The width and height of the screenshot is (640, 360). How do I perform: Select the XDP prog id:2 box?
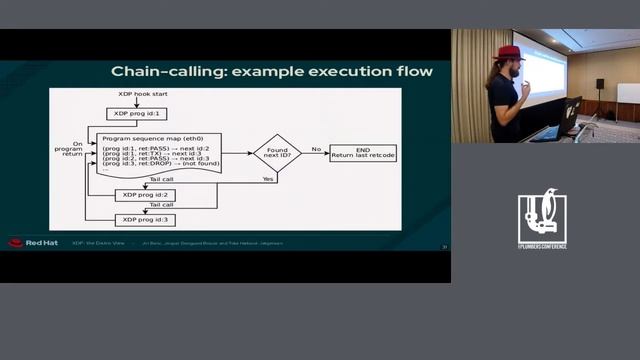click(x=146, y=195)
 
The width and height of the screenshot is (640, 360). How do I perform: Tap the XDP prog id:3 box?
click(x=146, y=219)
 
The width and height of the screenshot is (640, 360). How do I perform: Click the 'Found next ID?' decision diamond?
click(x=277, y=153)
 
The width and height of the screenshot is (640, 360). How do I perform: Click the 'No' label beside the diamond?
click(x=316, y=148)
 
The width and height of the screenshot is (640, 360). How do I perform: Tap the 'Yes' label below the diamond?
click(x=268, y=179)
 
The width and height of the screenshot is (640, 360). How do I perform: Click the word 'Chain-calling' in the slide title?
click(x=159, y=71)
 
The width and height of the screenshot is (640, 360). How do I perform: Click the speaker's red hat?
click(x=508, y=52)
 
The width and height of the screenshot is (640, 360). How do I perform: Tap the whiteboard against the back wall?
click(x=628, y=93)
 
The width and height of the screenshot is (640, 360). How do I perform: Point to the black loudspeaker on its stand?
click(x=600, y=83)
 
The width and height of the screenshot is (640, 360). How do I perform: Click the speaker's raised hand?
click(x=525, y=87)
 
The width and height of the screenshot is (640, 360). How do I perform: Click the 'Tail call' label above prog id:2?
click(x=161, y=181)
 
